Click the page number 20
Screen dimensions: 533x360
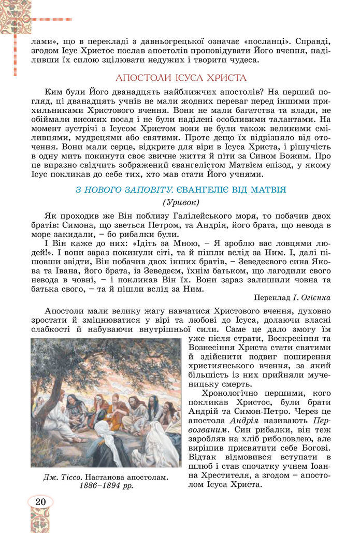point(40,502)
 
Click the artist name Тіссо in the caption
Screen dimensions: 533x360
point(69,477)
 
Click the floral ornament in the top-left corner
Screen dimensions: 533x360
point(15,16)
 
